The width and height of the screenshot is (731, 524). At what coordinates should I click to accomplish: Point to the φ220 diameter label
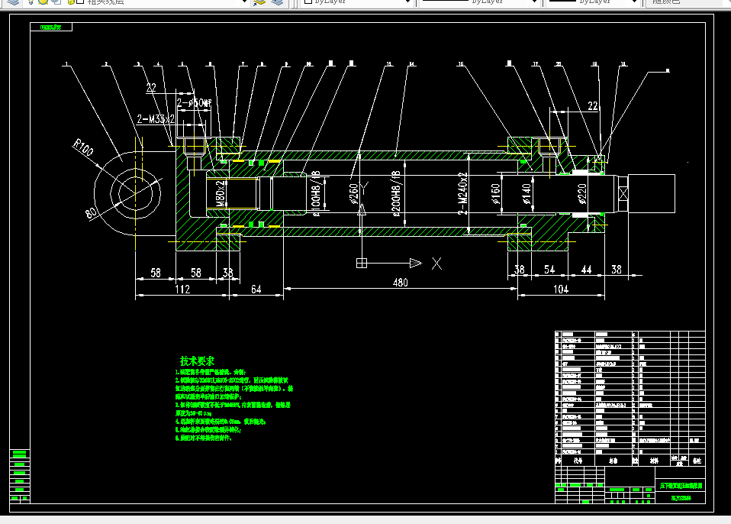pos(582,196)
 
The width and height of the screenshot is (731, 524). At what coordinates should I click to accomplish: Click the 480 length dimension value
pos(400,283)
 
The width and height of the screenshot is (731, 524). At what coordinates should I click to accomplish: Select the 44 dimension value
pos(586,270)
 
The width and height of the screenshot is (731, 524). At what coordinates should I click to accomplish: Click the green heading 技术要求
pos(197,361)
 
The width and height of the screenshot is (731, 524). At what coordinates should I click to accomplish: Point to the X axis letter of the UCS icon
pos(437,264)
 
